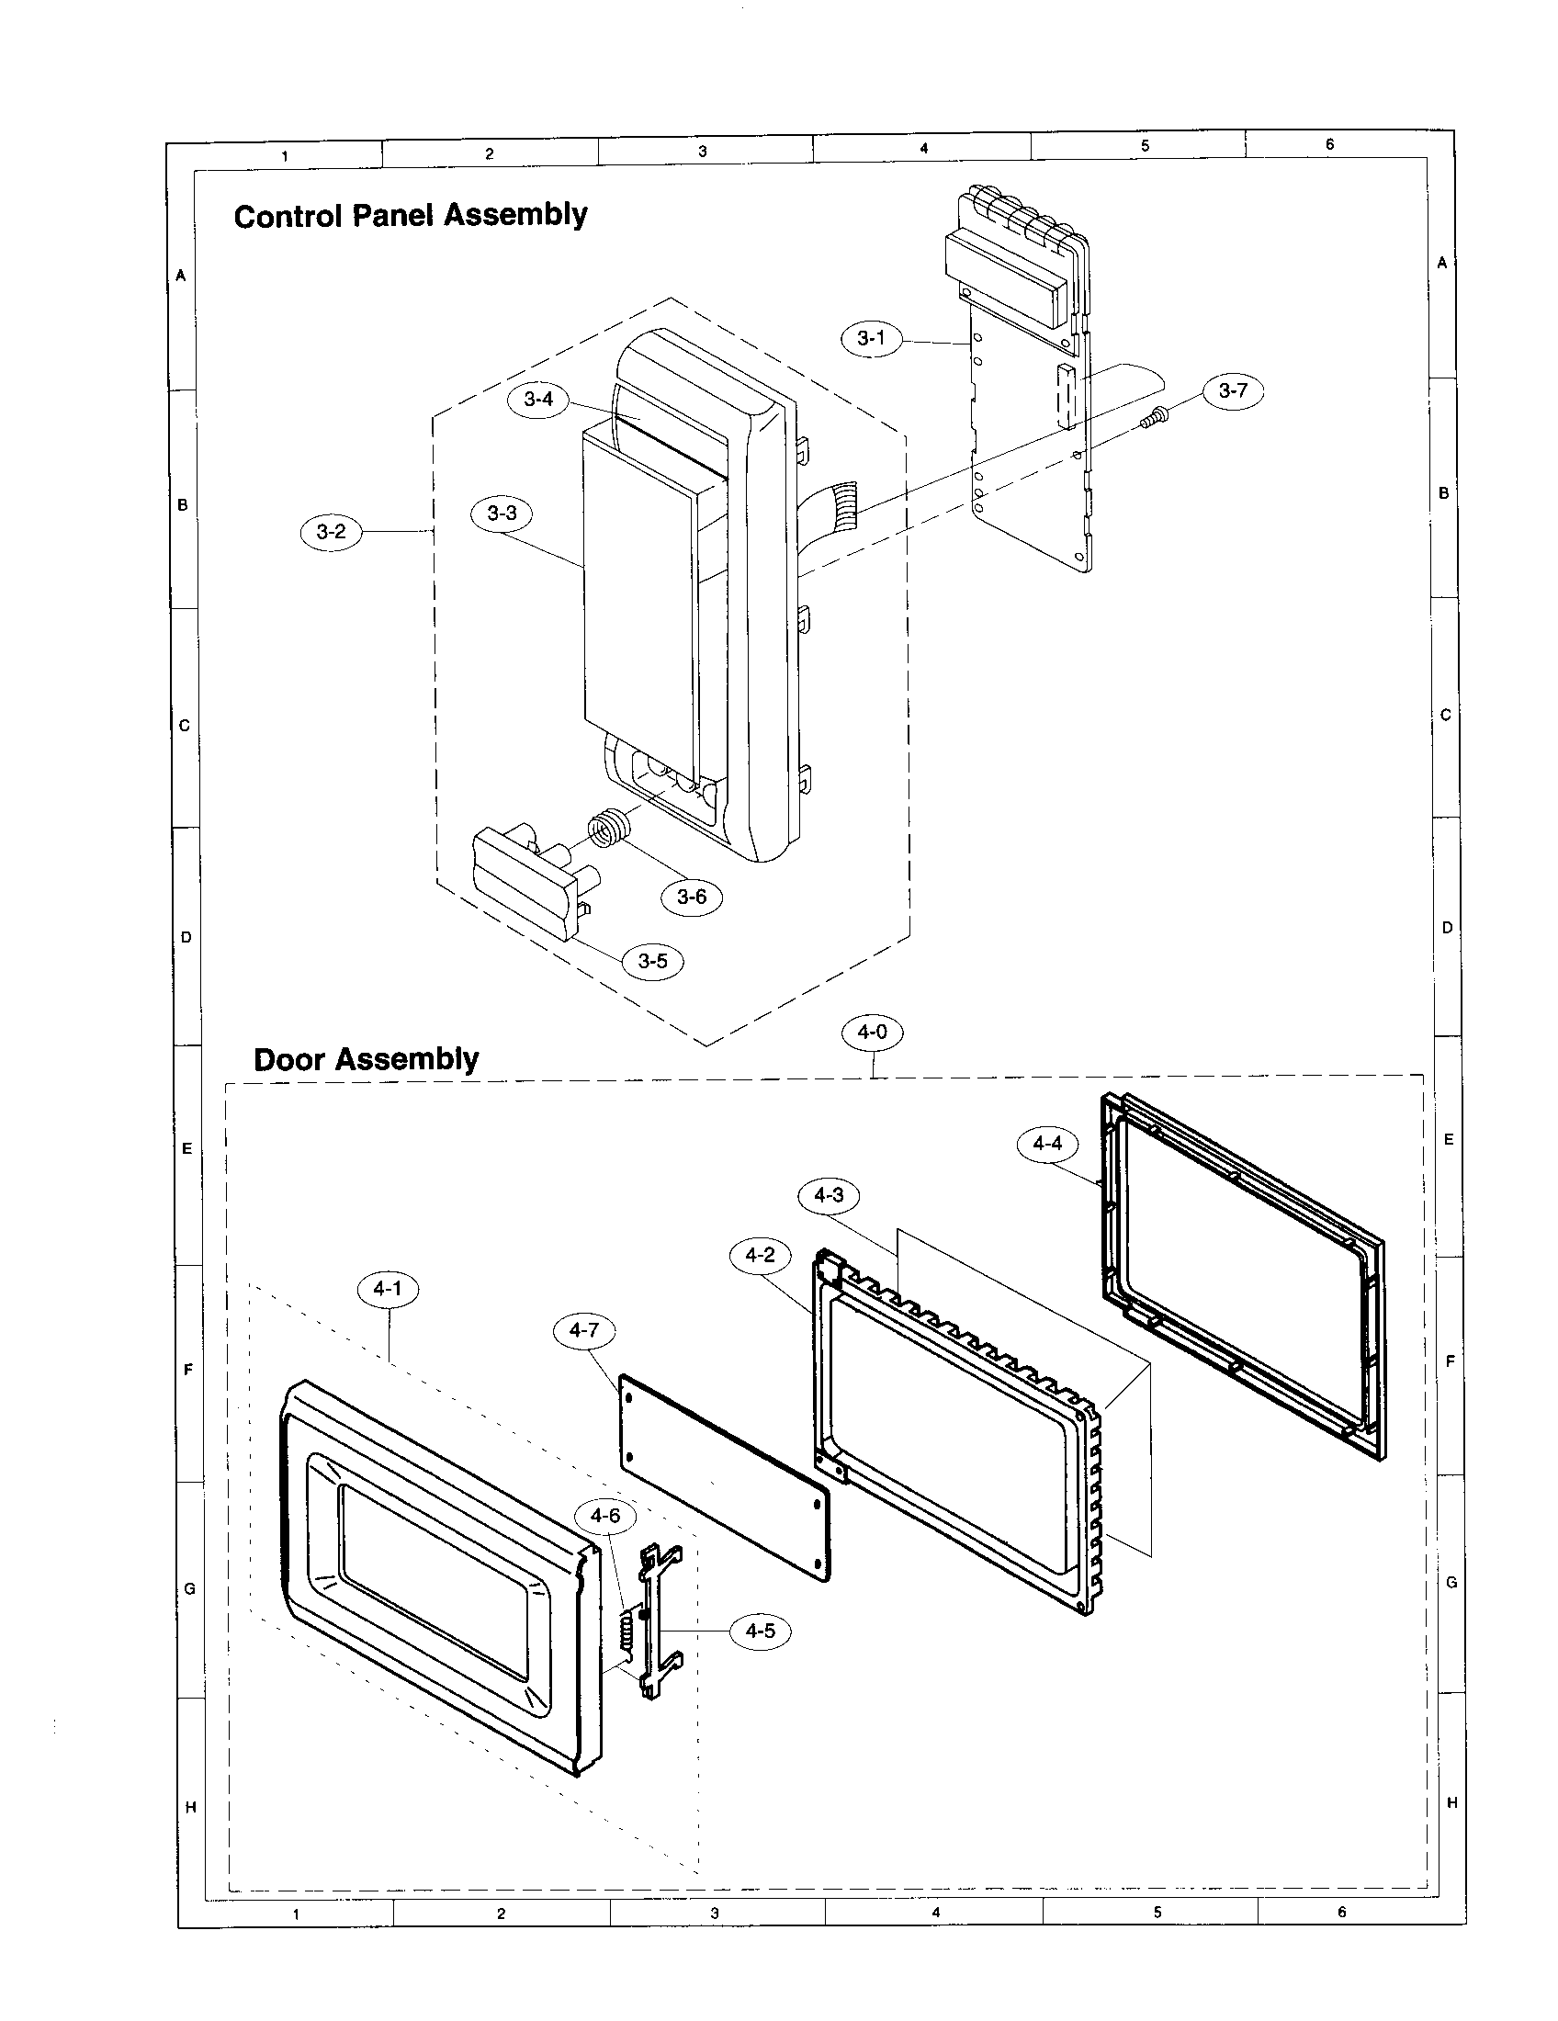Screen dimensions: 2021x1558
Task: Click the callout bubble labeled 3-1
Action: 871,339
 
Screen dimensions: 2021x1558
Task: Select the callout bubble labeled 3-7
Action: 1232,390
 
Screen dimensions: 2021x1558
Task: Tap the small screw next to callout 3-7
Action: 1153,419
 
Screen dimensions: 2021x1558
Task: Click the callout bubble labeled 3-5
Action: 652,962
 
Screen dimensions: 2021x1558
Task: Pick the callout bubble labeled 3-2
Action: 332,531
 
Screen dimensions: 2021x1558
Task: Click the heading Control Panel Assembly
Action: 410,216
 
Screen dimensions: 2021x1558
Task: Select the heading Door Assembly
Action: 366,1058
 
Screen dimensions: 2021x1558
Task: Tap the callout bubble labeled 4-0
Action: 872,1032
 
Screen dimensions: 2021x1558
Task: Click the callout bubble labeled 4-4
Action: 1047,1144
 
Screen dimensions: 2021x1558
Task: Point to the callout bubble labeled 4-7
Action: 583,1331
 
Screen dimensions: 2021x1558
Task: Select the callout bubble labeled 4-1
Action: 388,1288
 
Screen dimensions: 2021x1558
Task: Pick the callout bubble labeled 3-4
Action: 538,399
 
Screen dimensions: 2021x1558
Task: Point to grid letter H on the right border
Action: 1451,1802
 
